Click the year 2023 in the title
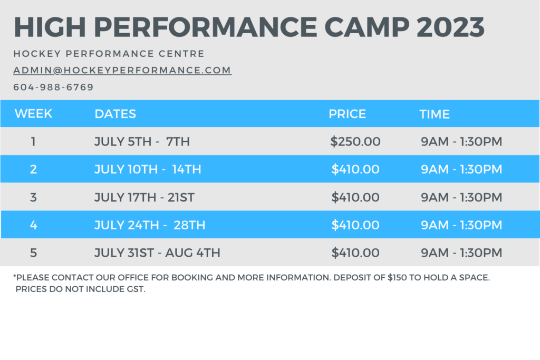[450, 27]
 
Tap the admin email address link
[122, 70]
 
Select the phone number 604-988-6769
[53, 87]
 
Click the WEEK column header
[33, 113]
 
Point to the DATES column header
[115, 114]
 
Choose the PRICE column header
[347, 114]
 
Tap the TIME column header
[435, 114]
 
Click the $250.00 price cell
[355, 141]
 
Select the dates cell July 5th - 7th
[142, 141]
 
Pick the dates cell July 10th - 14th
[148, 169]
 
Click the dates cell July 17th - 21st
[144, 198]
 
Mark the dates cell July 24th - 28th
[150, 225]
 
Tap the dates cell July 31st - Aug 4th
[157, 253]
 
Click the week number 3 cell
[33, 198]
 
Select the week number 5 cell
[33, 253]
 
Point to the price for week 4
[355, 225]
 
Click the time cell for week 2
[461, 169]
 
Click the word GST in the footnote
[136, 289]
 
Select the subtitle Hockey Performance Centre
[109, 54]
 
